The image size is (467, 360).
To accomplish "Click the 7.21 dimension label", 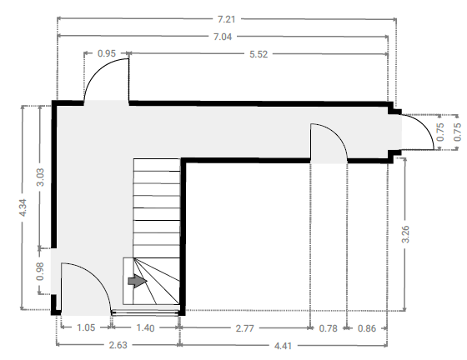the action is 226,19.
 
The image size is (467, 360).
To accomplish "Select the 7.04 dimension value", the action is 223,37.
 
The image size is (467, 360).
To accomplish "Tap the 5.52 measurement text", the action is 259,54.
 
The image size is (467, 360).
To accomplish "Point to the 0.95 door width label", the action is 107,53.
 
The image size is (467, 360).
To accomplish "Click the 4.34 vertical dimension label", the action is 23,207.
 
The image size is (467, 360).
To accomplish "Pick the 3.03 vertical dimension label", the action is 40,177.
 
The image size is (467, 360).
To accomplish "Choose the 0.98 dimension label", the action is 40,271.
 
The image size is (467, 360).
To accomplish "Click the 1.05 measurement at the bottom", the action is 86,327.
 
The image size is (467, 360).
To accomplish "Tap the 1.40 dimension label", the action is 145,328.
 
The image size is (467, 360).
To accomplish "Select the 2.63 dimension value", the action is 118,345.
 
